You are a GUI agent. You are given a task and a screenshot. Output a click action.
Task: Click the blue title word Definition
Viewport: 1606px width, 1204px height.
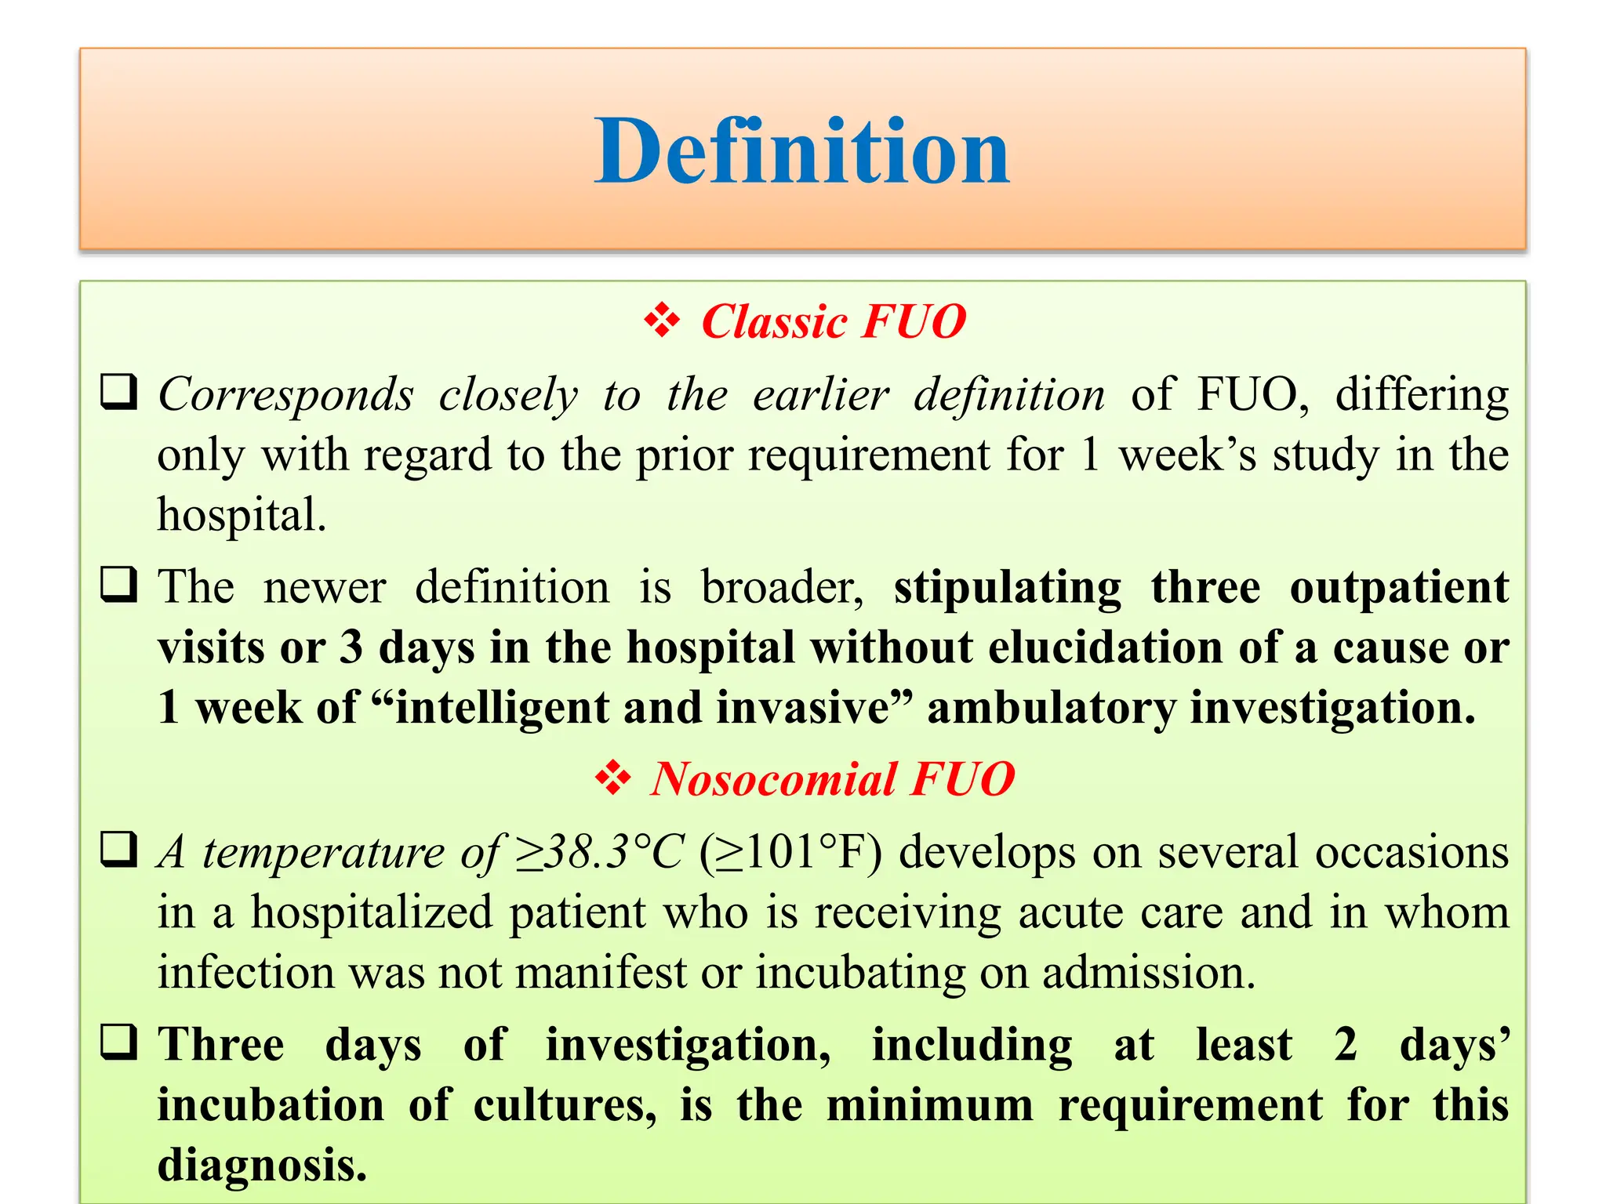[801, 150]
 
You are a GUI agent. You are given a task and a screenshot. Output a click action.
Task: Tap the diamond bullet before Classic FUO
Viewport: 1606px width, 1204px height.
[662, 321]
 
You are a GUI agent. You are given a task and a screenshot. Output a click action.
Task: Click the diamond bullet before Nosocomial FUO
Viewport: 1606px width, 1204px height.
[612, 778]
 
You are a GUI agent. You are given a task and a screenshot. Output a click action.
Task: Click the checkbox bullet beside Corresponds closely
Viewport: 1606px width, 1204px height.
[119, 392]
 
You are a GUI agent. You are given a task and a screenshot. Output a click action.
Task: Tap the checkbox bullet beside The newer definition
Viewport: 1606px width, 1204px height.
[119, 585]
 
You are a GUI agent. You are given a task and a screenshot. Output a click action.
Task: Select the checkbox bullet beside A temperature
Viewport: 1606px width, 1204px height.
[119, 850]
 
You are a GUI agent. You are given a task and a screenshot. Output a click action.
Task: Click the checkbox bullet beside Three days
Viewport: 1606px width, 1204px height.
[119, 1043]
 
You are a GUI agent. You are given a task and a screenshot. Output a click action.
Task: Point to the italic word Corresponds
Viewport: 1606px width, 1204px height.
[285, 395]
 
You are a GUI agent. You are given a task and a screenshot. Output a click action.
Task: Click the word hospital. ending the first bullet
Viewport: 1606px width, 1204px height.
[242, 515]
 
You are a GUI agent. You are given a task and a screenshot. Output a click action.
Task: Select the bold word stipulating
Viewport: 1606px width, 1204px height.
[1008, 588]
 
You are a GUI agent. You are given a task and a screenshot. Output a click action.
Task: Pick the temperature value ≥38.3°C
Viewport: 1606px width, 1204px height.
[600, 852]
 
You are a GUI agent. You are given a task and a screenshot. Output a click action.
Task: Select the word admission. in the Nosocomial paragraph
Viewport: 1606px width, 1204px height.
[1149, 973]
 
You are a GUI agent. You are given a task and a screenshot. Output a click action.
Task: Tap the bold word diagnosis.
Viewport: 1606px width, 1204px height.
[262, 1166]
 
